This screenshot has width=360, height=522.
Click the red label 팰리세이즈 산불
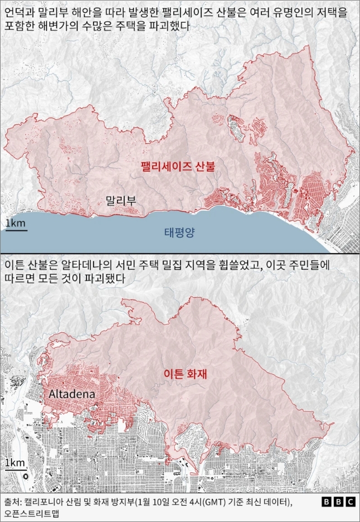point(177,166)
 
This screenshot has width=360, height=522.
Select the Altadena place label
point(72,394)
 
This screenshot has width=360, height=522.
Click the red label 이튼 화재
point(186,374)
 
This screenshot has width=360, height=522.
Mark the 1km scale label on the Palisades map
point(15,224)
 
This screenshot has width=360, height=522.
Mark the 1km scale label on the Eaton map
point(14,464)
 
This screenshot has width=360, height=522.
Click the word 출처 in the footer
point(12,502)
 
